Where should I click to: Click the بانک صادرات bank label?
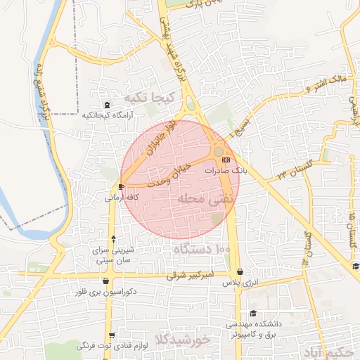coord(226,171)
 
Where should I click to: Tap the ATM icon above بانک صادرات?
coord(215,160)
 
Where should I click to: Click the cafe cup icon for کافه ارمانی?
coord(122,187)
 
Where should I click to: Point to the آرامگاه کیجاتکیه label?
coord(103,115)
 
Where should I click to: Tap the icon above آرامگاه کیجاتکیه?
coord(106,104)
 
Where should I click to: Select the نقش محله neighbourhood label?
coord(200,199)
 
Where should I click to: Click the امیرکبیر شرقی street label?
coord(188,277)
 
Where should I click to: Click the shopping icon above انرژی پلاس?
coord(240,271)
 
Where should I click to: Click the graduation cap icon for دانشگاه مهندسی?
coord(252,314)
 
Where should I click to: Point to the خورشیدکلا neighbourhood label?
coord(185,340)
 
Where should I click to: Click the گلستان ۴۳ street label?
coord(290,169)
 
